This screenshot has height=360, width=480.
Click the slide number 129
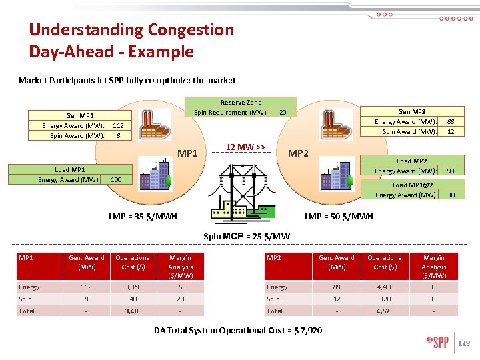tap(464, 343)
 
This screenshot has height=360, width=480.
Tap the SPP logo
tap(439, 343)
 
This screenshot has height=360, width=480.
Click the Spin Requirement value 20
tap(283, 113)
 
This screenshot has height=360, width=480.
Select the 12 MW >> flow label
tap(245, 147)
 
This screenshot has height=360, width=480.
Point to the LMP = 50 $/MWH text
tap(339, 216)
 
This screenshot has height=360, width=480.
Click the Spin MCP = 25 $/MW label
tap(246, 236)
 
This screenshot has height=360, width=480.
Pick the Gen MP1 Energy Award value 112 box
tap(118, 125)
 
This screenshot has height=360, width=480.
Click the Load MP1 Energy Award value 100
tap(116, 180)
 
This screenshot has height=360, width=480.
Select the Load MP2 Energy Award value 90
tap(451, 171)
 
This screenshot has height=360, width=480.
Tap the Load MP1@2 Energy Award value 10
tap(451, 195)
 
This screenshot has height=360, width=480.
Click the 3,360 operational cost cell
tap(133, 287)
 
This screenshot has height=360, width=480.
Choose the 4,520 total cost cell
tap(385, 311)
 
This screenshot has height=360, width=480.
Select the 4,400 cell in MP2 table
tap(385, 287)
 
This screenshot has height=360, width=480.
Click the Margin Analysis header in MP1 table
tap(181, 267)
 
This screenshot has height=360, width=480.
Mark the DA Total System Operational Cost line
tap(239, 330)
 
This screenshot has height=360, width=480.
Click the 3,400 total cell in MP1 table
tap(133, 311)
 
